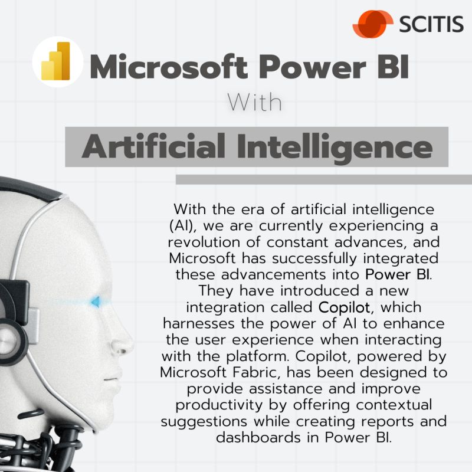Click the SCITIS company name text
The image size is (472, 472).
[x=431, y=24]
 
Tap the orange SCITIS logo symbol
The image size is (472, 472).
[x=373, y=24]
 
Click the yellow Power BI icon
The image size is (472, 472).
[x=56, y=61]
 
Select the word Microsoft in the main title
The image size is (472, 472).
[x=169, y=66]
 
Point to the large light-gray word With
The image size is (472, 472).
[x=254, y=102]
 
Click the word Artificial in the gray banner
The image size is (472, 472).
[x=153, y=146]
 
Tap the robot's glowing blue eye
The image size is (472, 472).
[x=96, y=301]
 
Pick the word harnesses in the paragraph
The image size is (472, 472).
[x=199, y=323]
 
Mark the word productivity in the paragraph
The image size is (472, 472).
[x=219, y=405]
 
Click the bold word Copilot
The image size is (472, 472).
[x=344, y=307]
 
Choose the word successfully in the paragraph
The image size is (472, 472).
[x=314, y=259]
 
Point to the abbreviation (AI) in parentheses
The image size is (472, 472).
[x=181, y=226]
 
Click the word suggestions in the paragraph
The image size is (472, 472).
[x=204, y=422]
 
